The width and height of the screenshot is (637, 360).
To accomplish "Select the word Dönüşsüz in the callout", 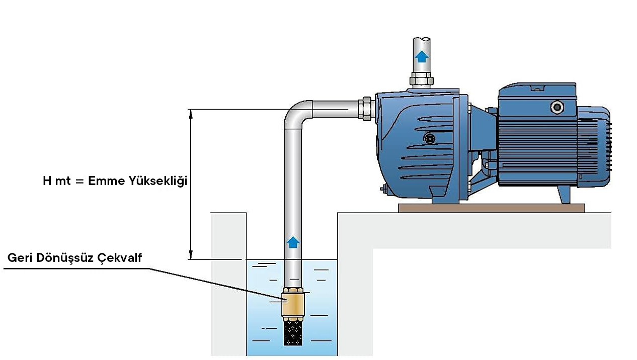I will click(x=66, y=258).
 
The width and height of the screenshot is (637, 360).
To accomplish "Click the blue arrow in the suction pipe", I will click(x=293, y=242).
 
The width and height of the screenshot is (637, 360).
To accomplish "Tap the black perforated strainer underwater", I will click(x=292, y=332).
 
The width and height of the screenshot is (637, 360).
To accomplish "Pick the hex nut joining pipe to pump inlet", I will click(x=366, y=109).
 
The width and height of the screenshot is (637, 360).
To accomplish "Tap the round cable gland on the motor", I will click(x=556, y=107).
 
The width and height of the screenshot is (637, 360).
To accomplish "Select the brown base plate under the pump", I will click(x=491, y=208).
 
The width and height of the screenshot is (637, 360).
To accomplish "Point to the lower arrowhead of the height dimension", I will click(x=191, y=254).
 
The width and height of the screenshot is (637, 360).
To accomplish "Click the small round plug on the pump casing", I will click(x=429, y=138).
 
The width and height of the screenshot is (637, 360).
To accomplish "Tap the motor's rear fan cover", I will click(x=599, y=146).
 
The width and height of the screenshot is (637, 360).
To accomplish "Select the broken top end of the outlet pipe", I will click(x=422, y=40).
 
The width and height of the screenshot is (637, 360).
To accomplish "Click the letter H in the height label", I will click(x=47, y=182).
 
